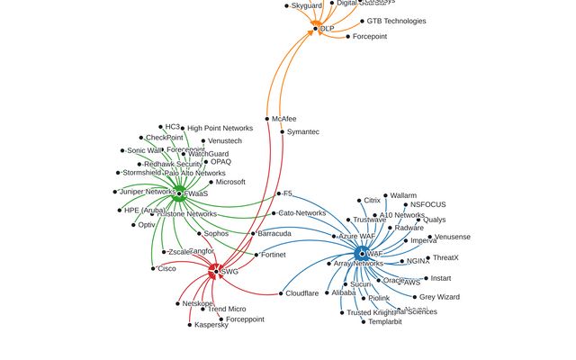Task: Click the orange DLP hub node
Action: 316,29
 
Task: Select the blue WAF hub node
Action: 362,255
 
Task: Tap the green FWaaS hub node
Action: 179,193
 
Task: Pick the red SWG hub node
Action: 214,269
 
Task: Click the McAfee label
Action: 283,119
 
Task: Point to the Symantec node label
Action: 302,132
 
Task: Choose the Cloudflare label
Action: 301,293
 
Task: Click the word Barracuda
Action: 274,234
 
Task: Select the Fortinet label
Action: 273,255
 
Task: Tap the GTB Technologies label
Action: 396,22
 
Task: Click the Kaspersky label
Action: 211,325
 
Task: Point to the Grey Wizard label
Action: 439,297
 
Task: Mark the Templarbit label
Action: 385,321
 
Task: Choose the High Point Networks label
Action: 220,129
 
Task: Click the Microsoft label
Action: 230,182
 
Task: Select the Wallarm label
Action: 403,195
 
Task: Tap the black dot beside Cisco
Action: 153,268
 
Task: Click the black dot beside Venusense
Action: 430,237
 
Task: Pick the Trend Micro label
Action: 227,310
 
